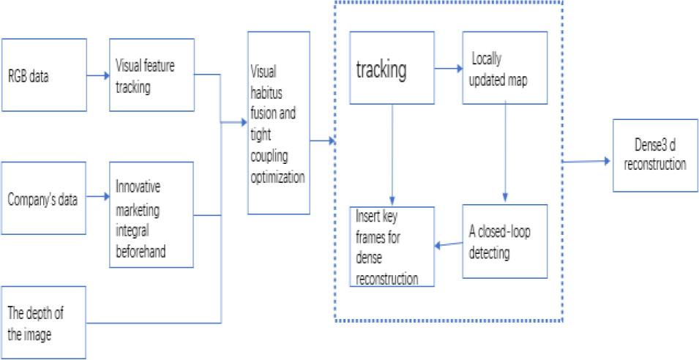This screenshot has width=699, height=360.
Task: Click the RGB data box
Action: (x=43, y=75)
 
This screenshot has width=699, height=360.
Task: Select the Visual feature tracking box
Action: (x=152, y=75)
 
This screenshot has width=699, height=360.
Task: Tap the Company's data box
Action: (x=43, y=199)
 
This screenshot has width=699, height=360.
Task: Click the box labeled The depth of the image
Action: (x=43, y=322)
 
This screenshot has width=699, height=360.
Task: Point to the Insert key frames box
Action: (x=392, y=247)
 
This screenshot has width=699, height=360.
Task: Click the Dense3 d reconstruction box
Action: (x=650, y=156)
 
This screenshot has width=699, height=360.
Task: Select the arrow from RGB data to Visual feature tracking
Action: (x=97, y=74)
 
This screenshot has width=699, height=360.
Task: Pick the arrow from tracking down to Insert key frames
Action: (x=395, y=154)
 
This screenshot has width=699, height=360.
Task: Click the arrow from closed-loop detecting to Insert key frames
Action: (x=448, y=245)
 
